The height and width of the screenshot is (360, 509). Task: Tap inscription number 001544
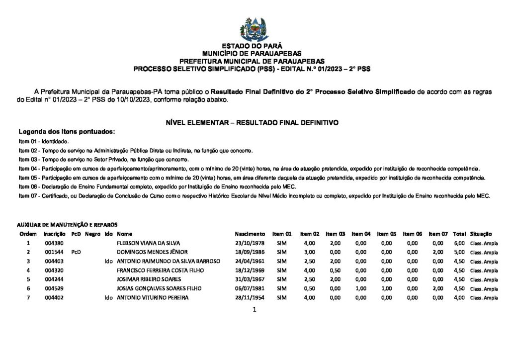53,252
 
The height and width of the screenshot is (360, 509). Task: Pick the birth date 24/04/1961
250,261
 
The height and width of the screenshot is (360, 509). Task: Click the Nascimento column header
250,234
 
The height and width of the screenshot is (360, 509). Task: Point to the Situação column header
481,234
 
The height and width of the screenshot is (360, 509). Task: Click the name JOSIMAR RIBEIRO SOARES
149,279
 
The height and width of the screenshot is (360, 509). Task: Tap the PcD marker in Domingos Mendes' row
76,252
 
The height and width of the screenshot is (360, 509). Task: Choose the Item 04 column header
361,234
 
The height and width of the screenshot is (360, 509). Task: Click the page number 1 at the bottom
254,310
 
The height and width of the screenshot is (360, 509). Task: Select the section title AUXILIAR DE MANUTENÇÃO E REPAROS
68,225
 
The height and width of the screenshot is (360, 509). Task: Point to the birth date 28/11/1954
250,297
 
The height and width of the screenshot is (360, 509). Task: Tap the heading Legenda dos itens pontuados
67,132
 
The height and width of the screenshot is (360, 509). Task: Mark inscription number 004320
53,270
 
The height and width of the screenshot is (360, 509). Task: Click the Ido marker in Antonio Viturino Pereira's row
108,297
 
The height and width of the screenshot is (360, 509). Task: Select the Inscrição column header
55,234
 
